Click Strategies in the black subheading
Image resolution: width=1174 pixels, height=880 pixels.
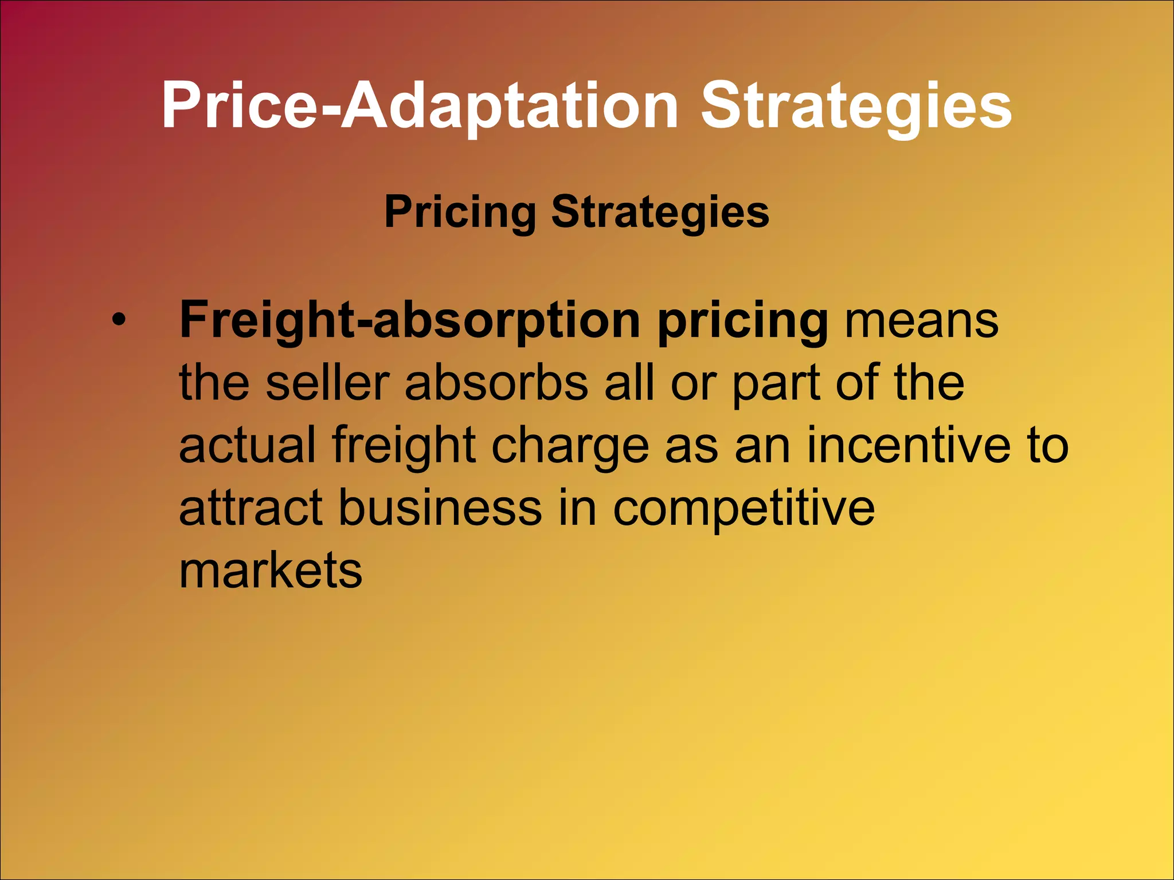coord(659,212)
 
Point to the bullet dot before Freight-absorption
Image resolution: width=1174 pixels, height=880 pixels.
coord(118,321)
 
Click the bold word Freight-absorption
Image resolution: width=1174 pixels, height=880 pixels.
coord(409,320)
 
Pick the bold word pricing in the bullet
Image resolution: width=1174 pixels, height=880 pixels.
coord(742,321)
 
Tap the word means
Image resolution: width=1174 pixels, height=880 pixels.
coord(922,320)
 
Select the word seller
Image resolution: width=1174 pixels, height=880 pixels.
coord(328,382)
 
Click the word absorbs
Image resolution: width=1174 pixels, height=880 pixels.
coord(496,382)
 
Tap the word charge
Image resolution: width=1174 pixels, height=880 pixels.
coord(570,446)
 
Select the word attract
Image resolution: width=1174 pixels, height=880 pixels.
coord(251,507)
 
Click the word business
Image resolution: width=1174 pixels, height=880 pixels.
coord(440,507)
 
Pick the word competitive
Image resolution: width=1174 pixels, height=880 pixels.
coord(743,508)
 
